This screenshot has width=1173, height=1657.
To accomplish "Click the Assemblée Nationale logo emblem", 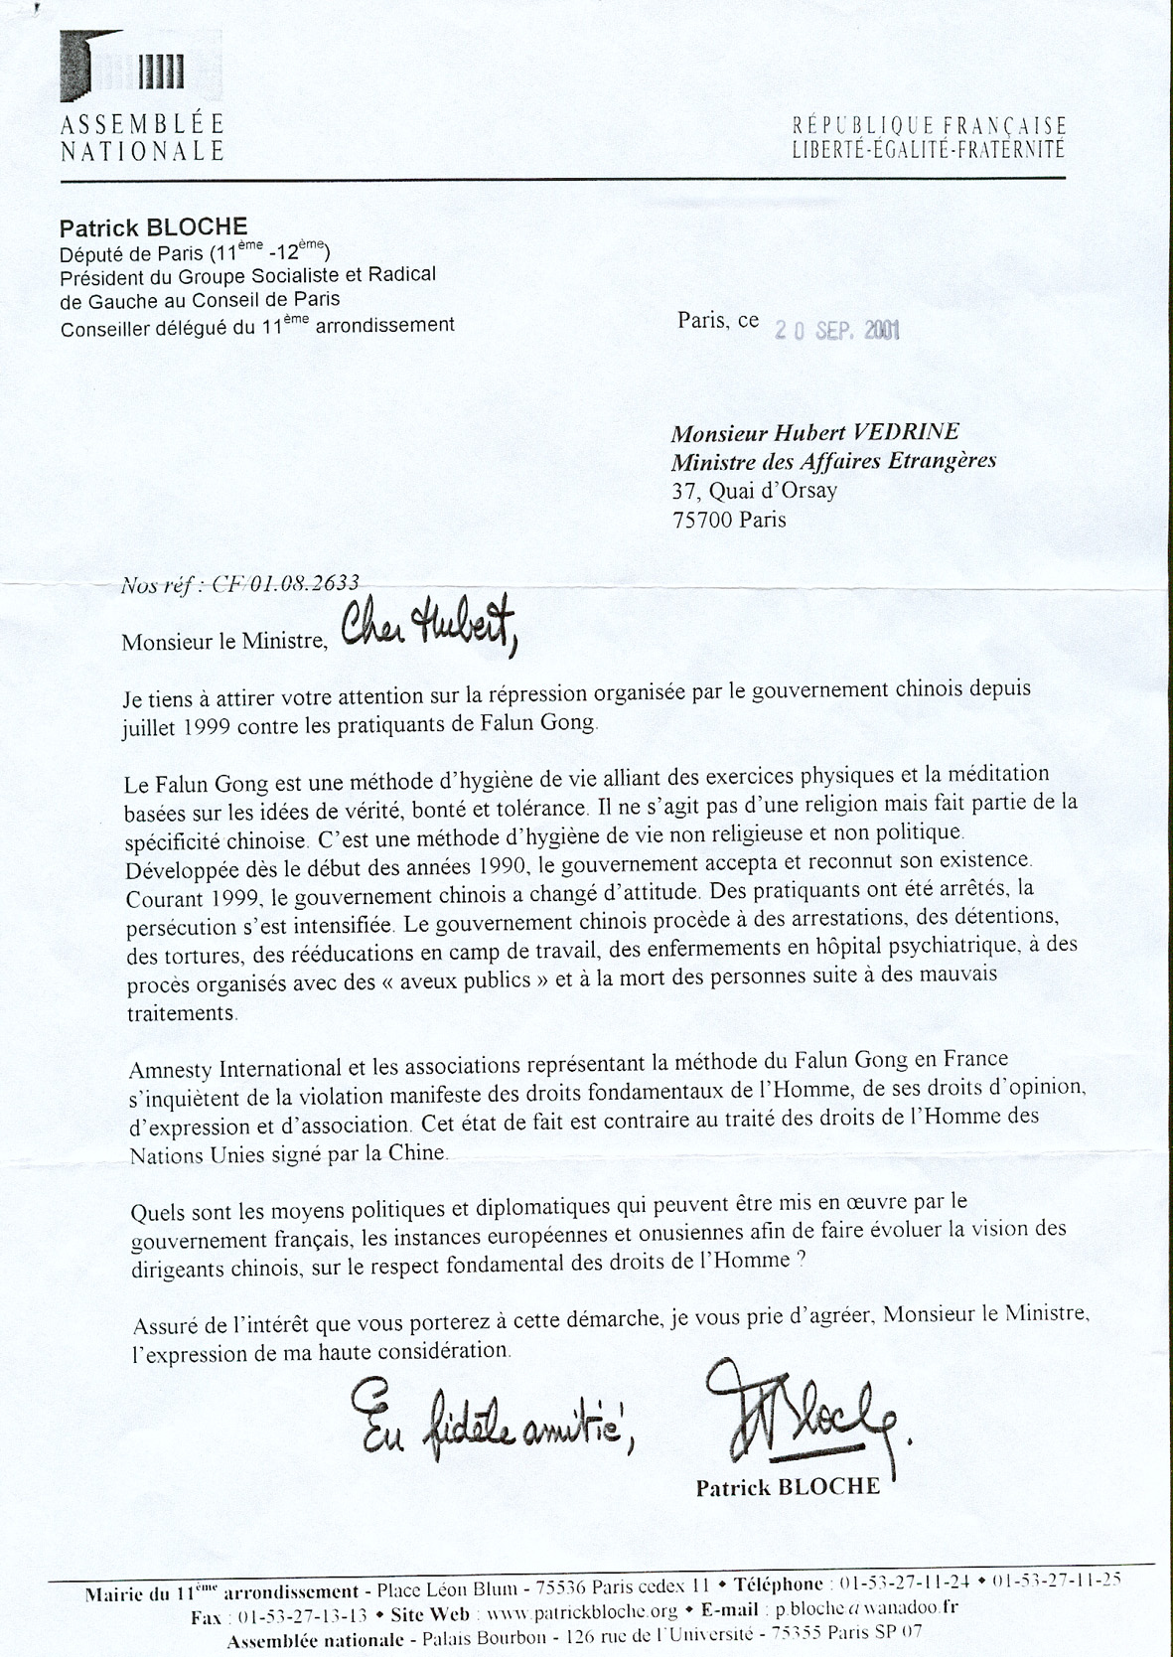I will (122, 69).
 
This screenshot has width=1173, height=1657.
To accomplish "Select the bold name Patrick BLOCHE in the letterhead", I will (153, 226).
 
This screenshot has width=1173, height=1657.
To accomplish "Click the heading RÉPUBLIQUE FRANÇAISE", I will (929, 126).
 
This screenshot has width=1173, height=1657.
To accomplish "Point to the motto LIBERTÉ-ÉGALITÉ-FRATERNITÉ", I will (929, 151).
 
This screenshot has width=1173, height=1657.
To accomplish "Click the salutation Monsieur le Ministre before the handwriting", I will (224, 641).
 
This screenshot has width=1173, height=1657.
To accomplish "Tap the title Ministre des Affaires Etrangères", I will (833, 461).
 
